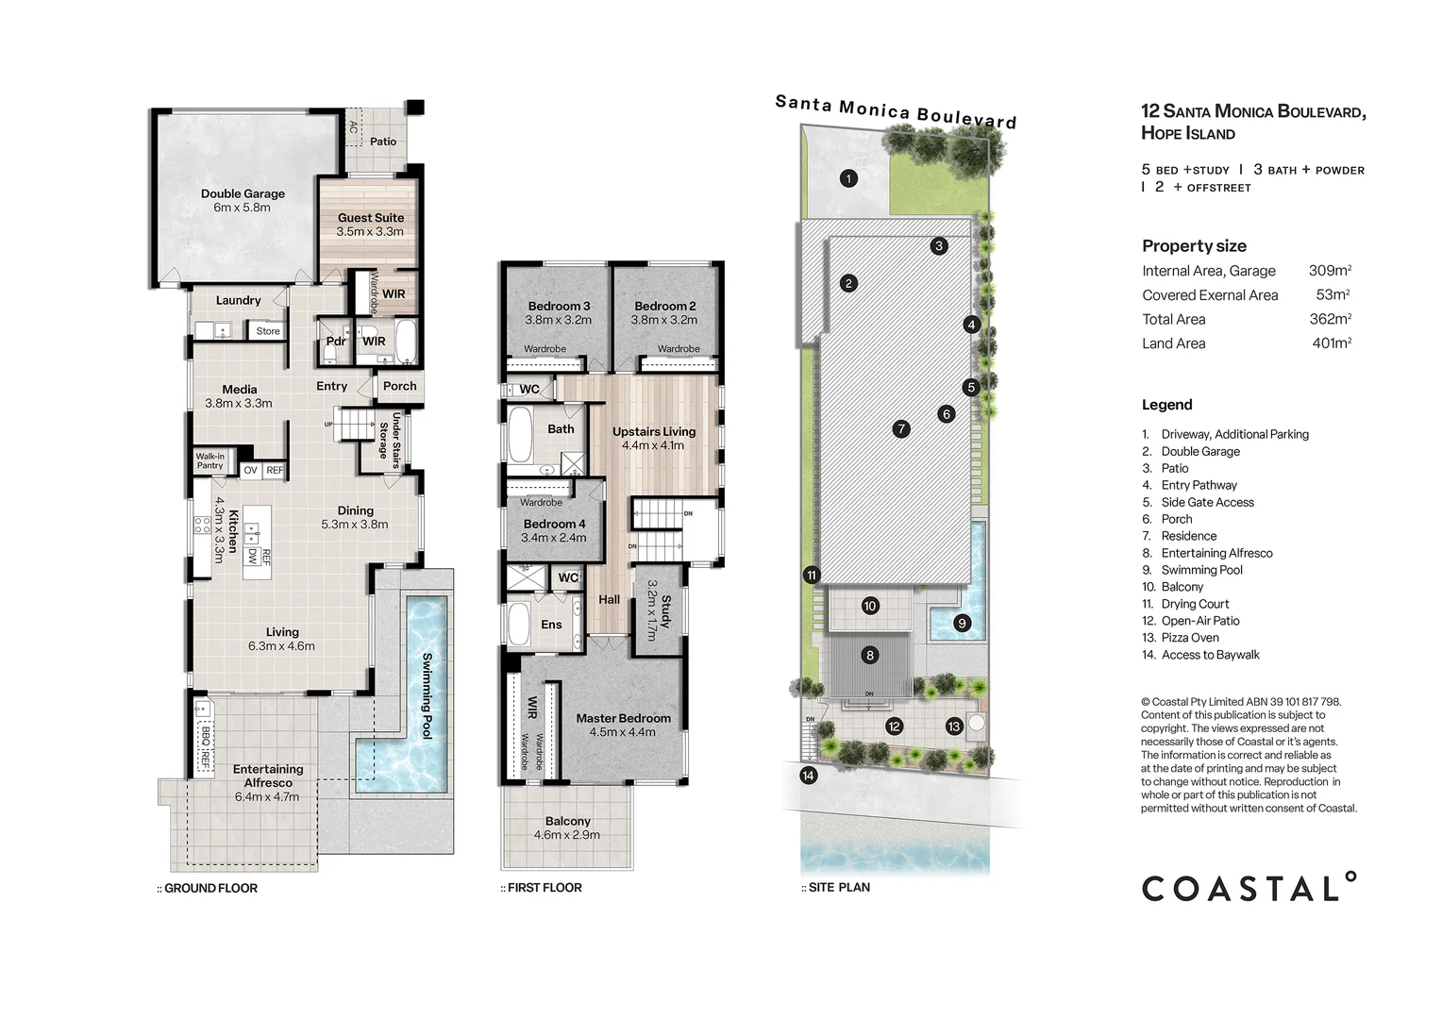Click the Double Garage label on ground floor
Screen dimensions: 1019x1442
click(x=243, y=194)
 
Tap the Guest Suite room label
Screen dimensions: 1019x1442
click(x=370, y=218)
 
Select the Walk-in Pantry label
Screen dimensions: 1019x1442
click(x=210, y=460)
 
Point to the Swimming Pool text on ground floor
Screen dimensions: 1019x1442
click(x=427, y=695)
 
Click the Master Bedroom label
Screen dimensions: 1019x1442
click(x=623, y=718)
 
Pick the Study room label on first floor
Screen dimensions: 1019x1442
click(x=665, y=610)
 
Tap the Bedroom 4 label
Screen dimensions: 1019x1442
click(x=554, y=525)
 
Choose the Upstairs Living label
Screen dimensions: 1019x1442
click(x=653, y=432)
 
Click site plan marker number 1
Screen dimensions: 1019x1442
click(x=848, y=178)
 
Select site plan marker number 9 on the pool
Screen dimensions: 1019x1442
click(x=962, y=623)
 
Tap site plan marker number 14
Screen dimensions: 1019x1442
click(x=809, y=776)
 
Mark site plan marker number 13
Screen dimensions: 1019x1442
click(x=954, y=726)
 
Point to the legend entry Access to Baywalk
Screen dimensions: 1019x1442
click(x=1210, y=655)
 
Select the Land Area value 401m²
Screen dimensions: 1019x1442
click(x=1331, y=343)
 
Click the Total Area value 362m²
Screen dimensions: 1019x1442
click(x=1330, y=319)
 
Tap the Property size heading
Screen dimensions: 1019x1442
click(x=1194, y=246)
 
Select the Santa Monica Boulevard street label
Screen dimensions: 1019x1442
click(x=896, y=111)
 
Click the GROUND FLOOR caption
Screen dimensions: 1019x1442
click(x=210, y=888)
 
